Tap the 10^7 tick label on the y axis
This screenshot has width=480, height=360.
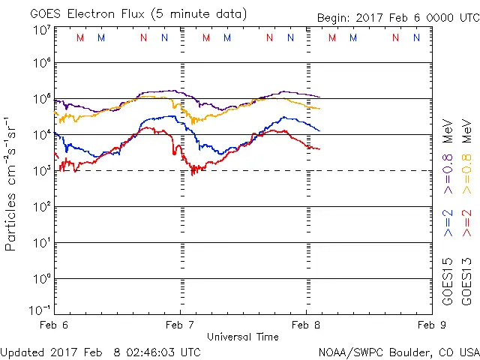(41, 30)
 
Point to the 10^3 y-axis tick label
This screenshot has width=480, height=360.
(41, 169)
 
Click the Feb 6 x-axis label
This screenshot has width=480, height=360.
(54, 325)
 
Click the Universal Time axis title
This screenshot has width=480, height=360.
(242, 336)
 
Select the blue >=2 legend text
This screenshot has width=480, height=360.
(447, 223)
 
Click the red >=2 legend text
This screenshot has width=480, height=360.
(466, 223)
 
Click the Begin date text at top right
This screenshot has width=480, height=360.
(397, 17)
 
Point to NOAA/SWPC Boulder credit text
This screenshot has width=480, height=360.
(397, 351)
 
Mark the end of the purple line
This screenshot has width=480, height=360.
(319, 97)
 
